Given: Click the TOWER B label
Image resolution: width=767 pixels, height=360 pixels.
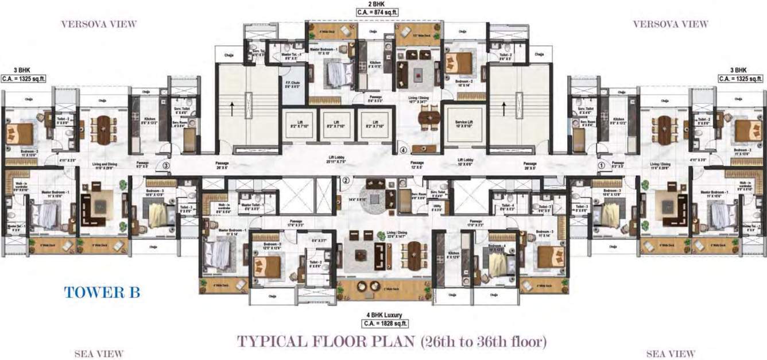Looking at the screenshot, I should (x=102, y=292).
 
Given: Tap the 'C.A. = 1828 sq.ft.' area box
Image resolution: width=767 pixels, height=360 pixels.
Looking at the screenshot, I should (x=383, y=323).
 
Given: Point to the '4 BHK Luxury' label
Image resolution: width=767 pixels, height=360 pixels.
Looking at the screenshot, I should (x=383, y=315).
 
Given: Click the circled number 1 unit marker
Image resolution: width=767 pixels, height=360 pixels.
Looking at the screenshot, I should (x=602, y=165).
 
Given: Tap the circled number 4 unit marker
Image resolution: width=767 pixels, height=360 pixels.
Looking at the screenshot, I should (x=404, y=151).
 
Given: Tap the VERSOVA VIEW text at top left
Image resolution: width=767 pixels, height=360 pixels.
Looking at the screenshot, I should (x=99, y=24).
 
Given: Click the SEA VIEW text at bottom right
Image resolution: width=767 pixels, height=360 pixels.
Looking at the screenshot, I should (x=671, y=354).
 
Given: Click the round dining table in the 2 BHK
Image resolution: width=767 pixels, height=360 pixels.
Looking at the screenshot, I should (x=428, y=118).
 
